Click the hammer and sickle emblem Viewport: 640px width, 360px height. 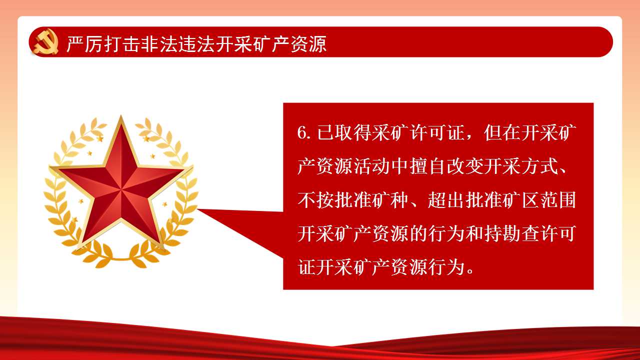coord(45,41)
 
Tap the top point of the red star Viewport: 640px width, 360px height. coord(121,116)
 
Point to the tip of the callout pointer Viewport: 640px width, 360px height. coord(197,209)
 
